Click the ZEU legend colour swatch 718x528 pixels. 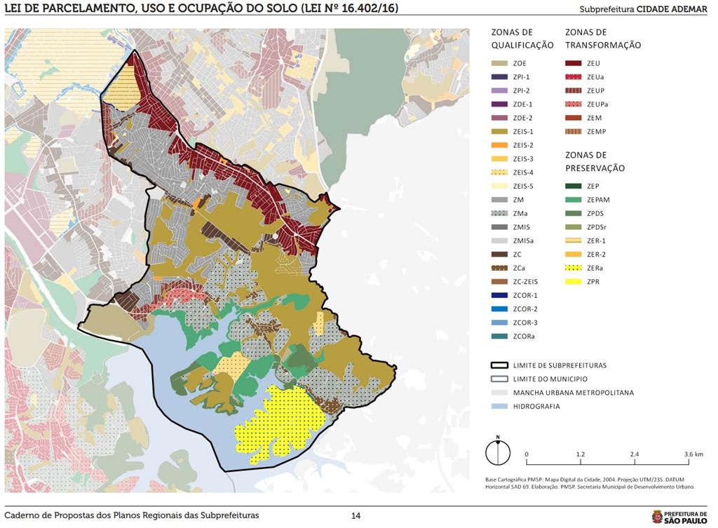[x=574, y=63]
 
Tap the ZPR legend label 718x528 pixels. [x=594, y=282]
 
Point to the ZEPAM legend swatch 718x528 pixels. [x=574, y=200]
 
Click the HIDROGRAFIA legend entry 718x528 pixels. [x=536, y=406]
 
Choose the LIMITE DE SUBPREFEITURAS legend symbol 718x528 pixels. [x=499, y=365]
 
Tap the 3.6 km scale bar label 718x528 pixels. [x=693, y=454]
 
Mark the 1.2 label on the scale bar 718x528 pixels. [x=581, y=454]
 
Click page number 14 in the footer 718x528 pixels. [x=356, y=515]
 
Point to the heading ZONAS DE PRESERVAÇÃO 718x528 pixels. [x=595, y=161]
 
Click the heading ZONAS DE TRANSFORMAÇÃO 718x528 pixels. [x=603, y=39]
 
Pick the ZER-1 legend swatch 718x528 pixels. [x=574, y=241]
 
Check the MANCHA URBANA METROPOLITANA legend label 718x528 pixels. [x=573, y=393]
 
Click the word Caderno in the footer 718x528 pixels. [x=22, y=515]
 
